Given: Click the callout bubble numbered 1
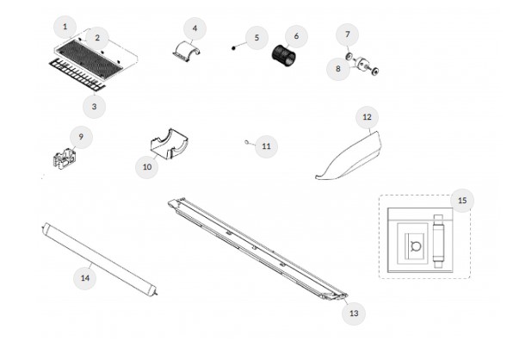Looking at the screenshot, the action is [x=65, y=27].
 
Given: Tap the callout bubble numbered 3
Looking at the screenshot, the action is [x=94, y=107].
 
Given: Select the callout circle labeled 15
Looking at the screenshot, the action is [x=462, y=201].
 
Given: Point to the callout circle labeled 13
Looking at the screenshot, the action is [x=354, y=313].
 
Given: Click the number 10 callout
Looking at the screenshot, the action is [x=147, y=167].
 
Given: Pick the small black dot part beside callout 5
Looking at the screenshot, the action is [x=233, y=48].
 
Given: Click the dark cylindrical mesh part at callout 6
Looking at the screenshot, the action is [x=283, y=56].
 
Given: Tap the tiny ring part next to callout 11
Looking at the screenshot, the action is [x=247, y=141].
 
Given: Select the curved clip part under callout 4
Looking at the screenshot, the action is [x=187, y=52].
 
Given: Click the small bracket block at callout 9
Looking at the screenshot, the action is [x=65, y=158].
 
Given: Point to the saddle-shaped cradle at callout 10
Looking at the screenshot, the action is [x=170, y=145].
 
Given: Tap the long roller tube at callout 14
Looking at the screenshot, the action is [x=100, y=259].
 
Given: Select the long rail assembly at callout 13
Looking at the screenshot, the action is [x=257, y=249].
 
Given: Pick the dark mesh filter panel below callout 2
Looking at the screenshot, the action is [x=90, y=59].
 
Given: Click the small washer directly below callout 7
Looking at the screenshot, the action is [x=349, y=57].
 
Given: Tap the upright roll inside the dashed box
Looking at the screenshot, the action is [x=438, y=241].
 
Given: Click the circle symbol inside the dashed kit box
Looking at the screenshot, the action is [x=416, y=246].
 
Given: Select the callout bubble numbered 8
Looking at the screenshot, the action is [x=338, y=69].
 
